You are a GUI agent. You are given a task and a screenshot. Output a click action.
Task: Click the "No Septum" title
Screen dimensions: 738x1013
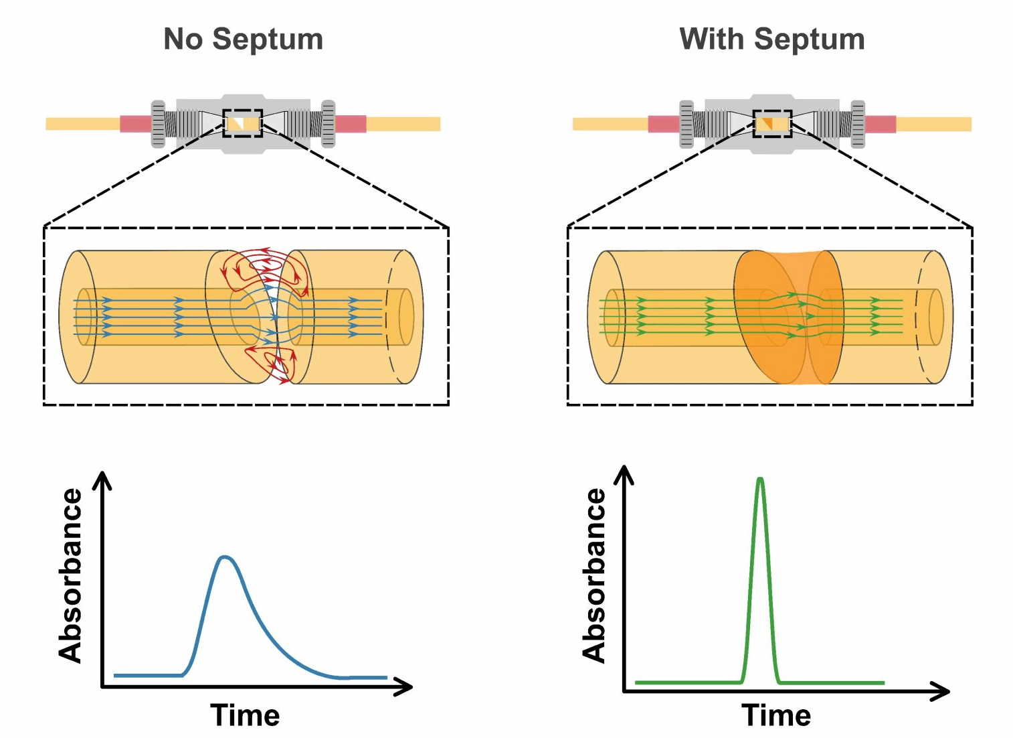243,40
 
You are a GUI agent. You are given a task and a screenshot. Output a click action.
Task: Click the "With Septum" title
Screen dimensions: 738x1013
771,40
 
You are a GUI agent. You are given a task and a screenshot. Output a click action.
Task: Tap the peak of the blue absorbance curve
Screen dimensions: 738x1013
225,557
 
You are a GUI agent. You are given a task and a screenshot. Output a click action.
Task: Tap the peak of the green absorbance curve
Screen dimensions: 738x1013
760,479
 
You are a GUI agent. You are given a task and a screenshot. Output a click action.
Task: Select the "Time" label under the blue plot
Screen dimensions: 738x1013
245,715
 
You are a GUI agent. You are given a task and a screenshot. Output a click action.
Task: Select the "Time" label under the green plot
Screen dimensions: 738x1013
776,715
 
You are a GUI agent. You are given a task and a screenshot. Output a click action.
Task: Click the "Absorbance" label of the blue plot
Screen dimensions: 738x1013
71,576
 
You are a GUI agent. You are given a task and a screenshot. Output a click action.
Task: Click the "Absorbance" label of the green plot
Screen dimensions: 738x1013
594,576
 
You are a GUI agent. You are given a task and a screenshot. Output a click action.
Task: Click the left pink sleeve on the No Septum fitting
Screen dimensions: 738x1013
136,124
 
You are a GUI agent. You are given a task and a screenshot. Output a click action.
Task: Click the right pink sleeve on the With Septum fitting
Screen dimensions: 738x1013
881,124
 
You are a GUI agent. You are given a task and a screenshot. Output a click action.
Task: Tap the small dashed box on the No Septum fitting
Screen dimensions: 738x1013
242,123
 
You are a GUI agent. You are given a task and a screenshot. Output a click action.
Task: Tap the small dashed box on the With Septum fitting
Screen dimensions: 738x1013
772,123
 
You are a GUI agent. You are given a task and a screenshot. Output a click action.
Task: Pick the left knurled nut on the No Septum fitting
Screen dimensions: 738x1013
159,124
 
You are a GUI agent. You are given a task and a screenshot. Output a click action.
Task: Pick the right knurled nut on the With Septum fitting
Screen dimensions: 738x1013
858,124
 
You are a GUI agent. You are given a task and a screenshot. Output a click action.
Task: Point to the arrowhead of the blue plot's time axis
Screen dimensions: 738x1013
405,686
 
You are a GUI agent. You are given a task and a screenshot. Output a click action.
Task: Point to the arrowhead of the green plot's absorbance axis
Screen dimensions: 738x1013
624,473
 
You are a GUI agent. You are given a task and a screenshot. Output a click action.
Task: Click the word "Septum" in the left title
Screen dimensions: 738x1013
268,40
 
